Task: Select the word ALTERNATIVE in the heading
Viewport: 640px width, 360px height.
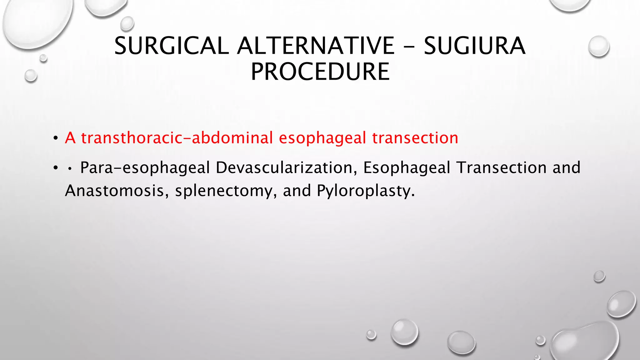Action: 316,46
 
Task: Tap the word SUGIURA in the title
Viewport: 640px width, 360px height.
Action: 474,46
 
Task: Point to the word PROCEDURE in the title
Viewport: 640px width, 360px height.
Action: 320,72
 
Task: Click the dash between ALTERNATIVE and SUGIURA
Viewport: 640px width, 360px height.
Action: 409,46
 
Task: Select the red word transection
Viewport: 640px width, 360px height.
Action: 415,138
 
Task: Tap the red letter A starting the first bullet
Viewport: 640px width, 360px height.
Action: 70,138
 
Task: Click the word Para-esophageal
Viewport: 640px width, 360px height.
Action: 145,168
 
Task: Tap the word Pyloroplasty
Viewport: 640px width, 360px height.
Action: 366,191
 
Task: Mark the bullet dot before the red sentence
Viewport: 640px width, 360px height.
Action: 56,138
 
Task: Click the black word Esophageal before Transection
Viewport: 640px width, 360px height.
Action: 406,168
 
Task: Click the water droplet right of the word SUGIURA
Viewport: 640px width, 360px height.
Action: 598,47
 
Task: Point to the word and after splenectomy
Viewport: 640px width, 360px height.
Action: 297,190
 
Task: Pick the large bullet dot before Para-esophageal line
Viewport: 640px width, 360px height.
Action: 56,168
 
